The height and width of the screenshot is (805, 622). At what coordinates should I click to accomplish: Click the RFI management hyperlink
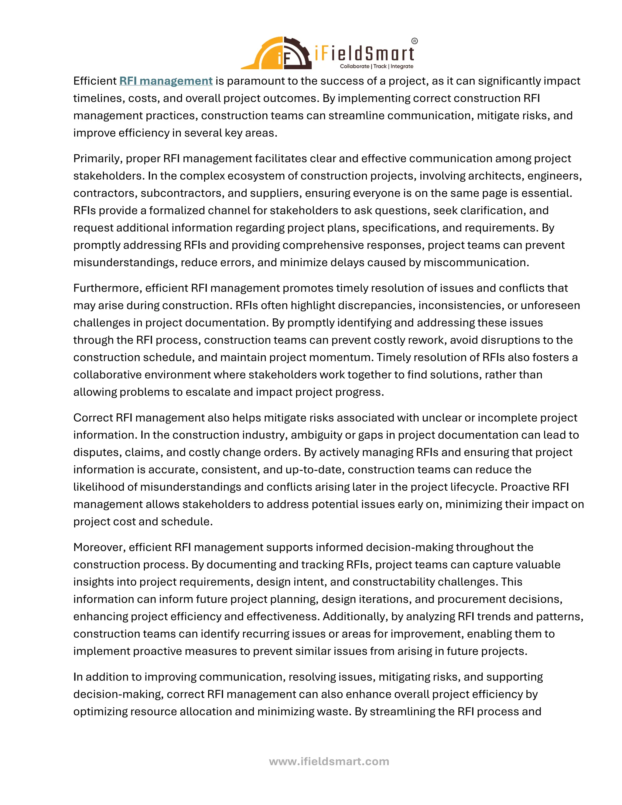click(x=166, y=81)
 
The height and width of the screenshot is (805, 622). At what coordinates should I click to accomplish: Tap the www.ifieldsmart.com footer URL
click(x=329, y=761)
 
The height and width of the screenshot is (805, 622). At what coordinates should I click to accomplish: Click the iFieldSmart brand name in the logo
click(x=364, y=54)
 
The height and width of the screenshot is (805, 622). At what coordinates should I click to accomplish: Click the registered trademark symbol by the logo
click(x=414, y=41)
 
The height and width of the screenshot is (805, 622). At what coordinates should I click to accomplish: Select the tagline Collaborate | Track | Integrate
click(x=376, y=66)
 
